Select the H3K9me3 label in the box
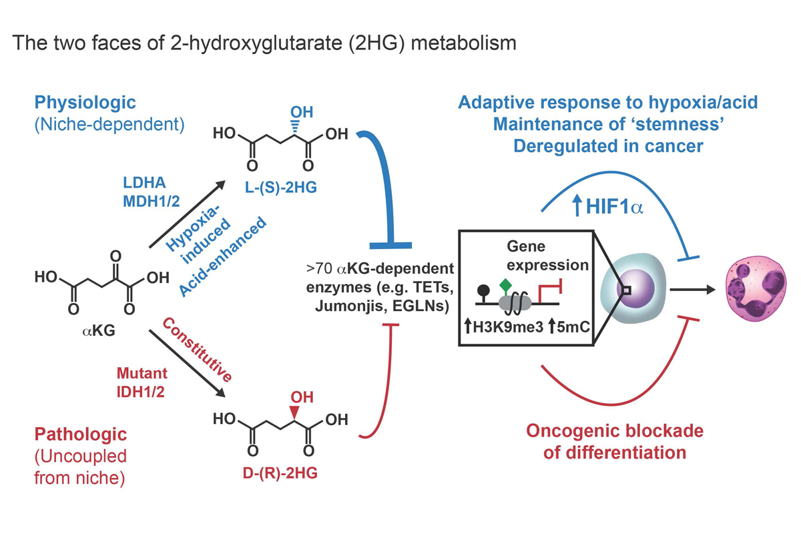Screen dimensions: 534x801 tap(495, 327)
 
